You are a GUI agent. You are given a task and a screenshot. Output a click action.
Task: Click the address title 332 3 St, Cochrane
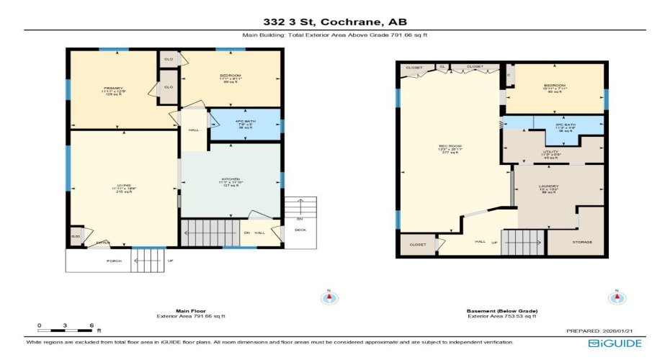(334, 22)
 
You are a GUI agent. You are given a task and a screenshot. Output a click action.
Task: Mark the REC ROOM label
(450, 148)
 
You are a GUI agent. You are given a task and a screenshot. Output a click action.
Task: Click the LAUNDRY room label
(549, 188)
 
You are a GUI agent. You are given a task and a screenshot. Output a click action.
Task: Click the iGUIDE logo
(615, 343)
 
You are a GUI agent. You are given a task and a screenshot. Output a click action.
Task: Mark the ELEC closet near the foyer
(76, 235)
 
